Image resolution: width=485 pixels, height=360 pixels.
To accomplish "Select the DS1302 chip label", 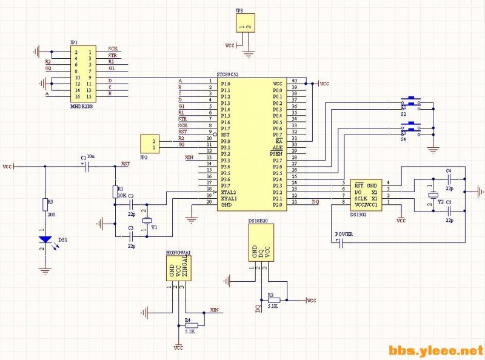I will point(362,213).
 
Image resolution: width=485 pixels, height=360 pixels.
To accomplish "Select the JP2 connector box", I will point(149,144).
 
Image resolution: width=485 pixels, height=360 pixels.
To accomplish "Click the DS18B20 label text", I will point(260,222).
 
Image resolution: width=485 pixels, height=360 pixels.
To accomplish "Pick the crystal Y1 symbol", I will point(145,220).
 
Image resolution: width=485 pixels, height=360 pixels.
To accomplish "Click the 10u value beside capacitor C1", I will point(90,156).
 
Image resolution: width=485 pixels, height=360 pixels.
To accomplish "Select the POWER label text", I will point(344,234).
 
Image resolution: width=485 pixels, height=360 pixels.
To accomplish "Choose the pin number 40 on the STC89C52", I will point(294,81).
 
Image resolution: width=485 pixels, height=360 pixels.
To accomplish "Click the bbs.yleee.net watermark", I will point(435,350).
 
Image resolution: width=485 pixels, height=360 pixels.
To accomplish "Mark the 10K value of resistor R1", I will point(121,195).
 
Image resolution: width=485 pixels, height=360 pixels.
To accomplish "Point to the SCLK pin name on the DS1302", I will point(361,198).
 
